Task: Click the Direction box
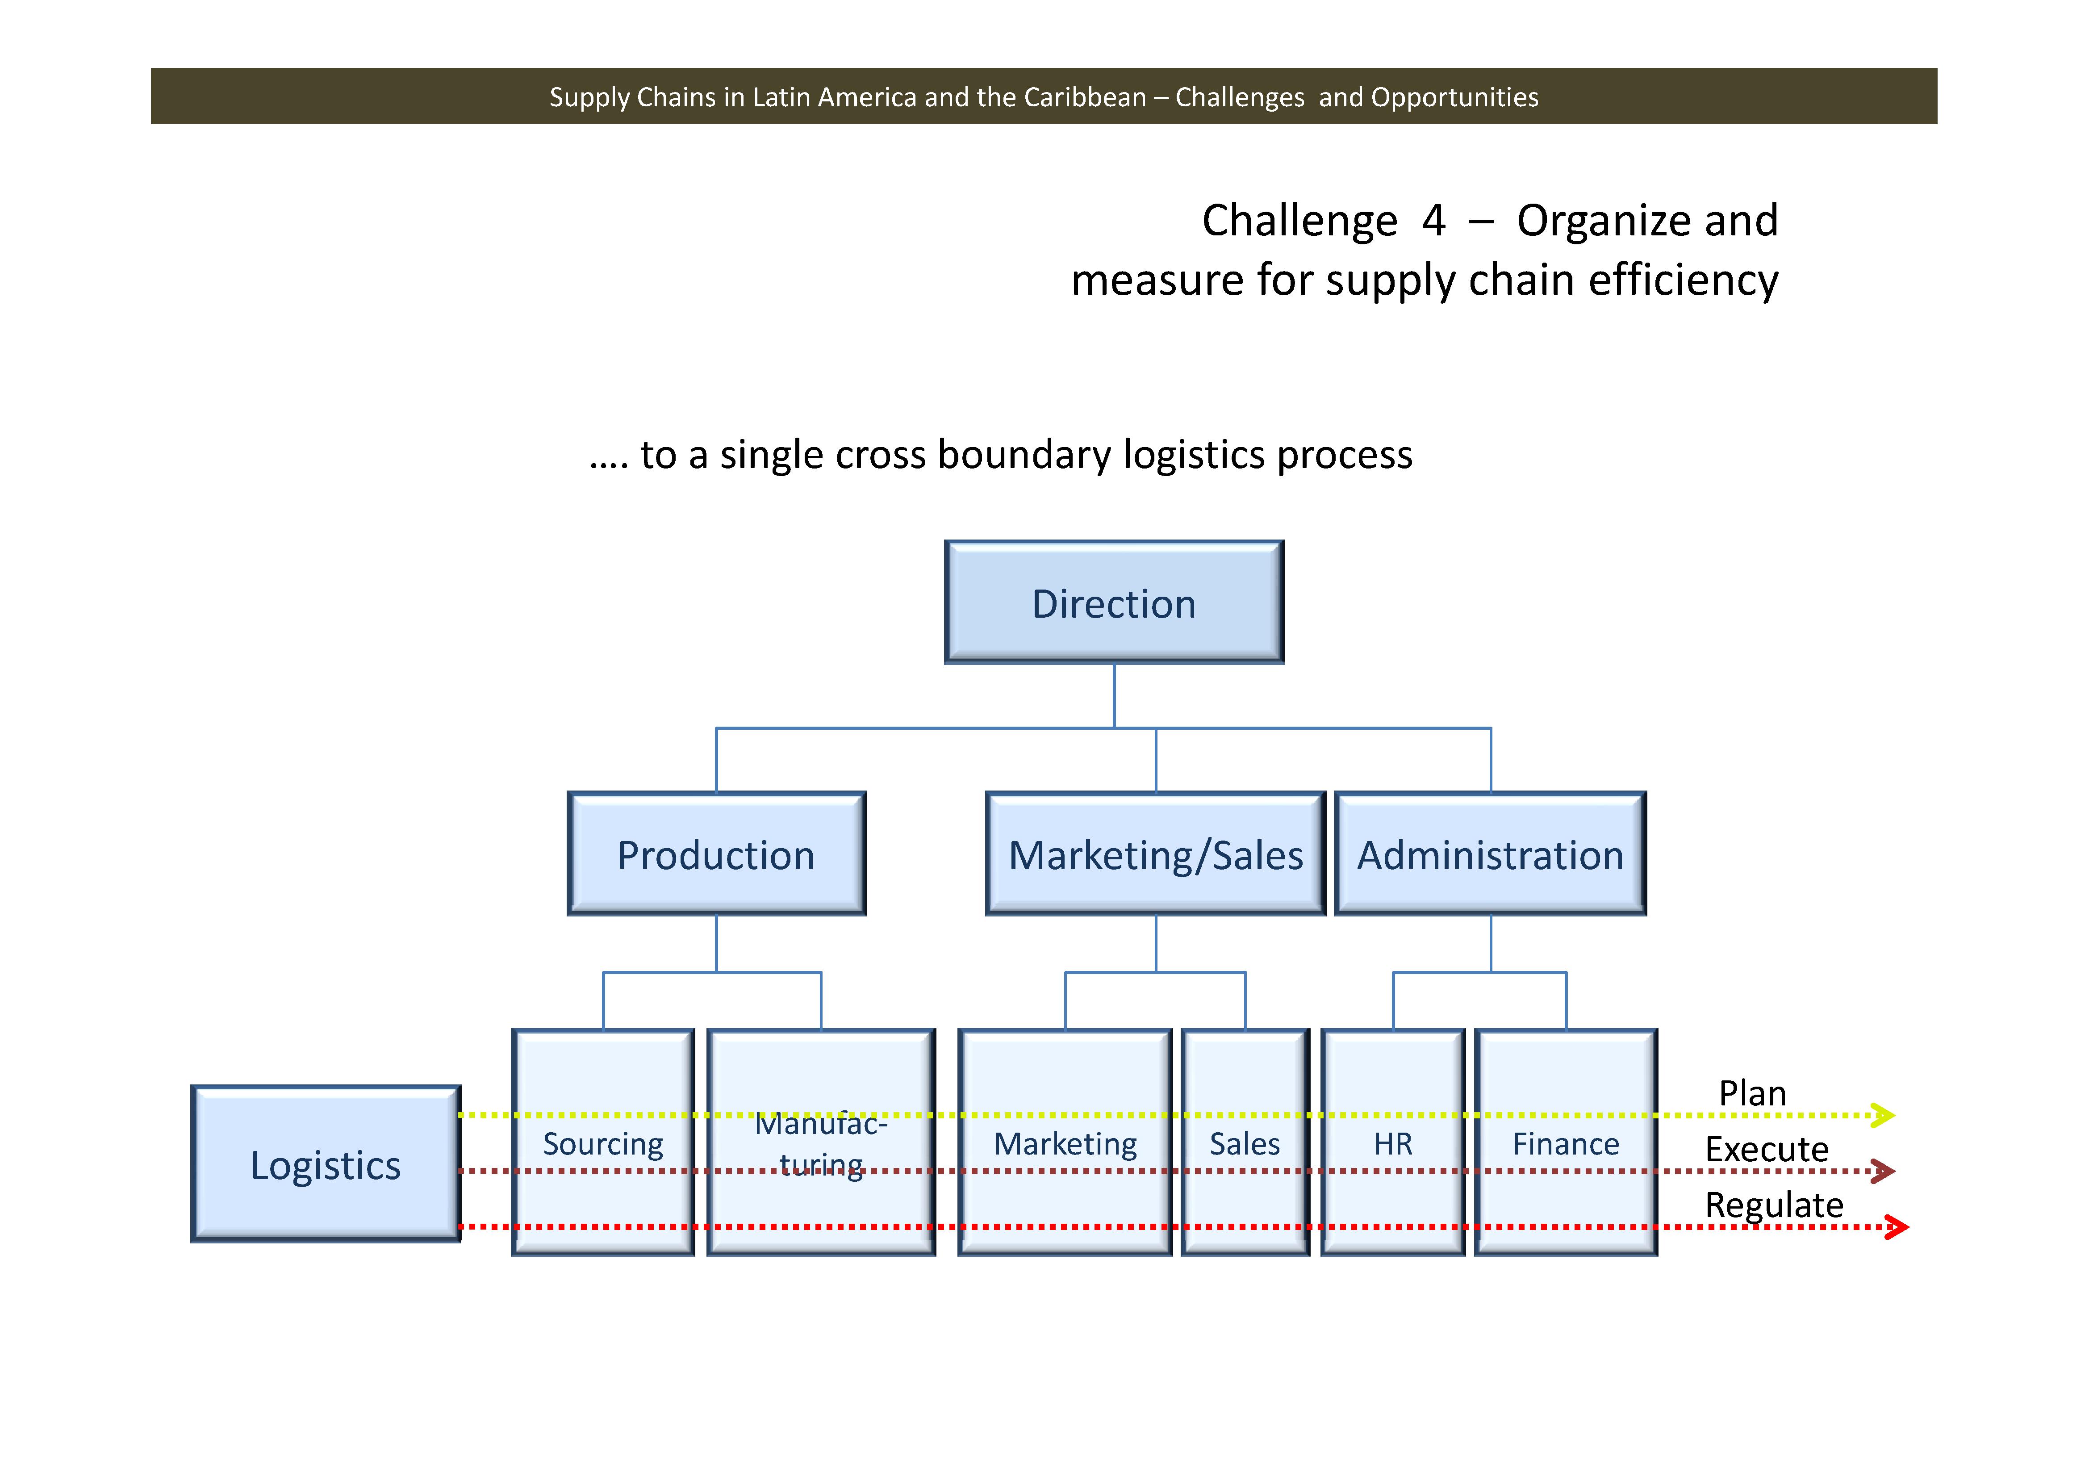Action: [x=1114, y=603]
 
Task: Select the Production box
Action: [x=716, y=854]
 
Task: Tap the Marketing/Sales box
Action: [x=1156, y=854]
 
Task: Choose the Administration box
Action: [x=1490, y=854]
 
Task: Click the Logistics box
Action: [x=326, y=1165]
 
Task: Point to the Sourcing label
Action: [x=603, y=1143]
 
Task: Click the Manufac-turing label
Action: [x=821, y=1144]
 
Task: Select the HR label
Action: [x=1393, y=1143]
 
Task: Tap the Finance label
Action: [x=1566, y=1143]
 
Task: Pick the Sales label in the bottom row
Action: [x=1245, y=1143]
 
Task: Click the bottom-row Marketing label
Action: [x=1065, y=1143]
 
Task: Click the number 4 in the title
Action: [x=1434, y=220]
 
